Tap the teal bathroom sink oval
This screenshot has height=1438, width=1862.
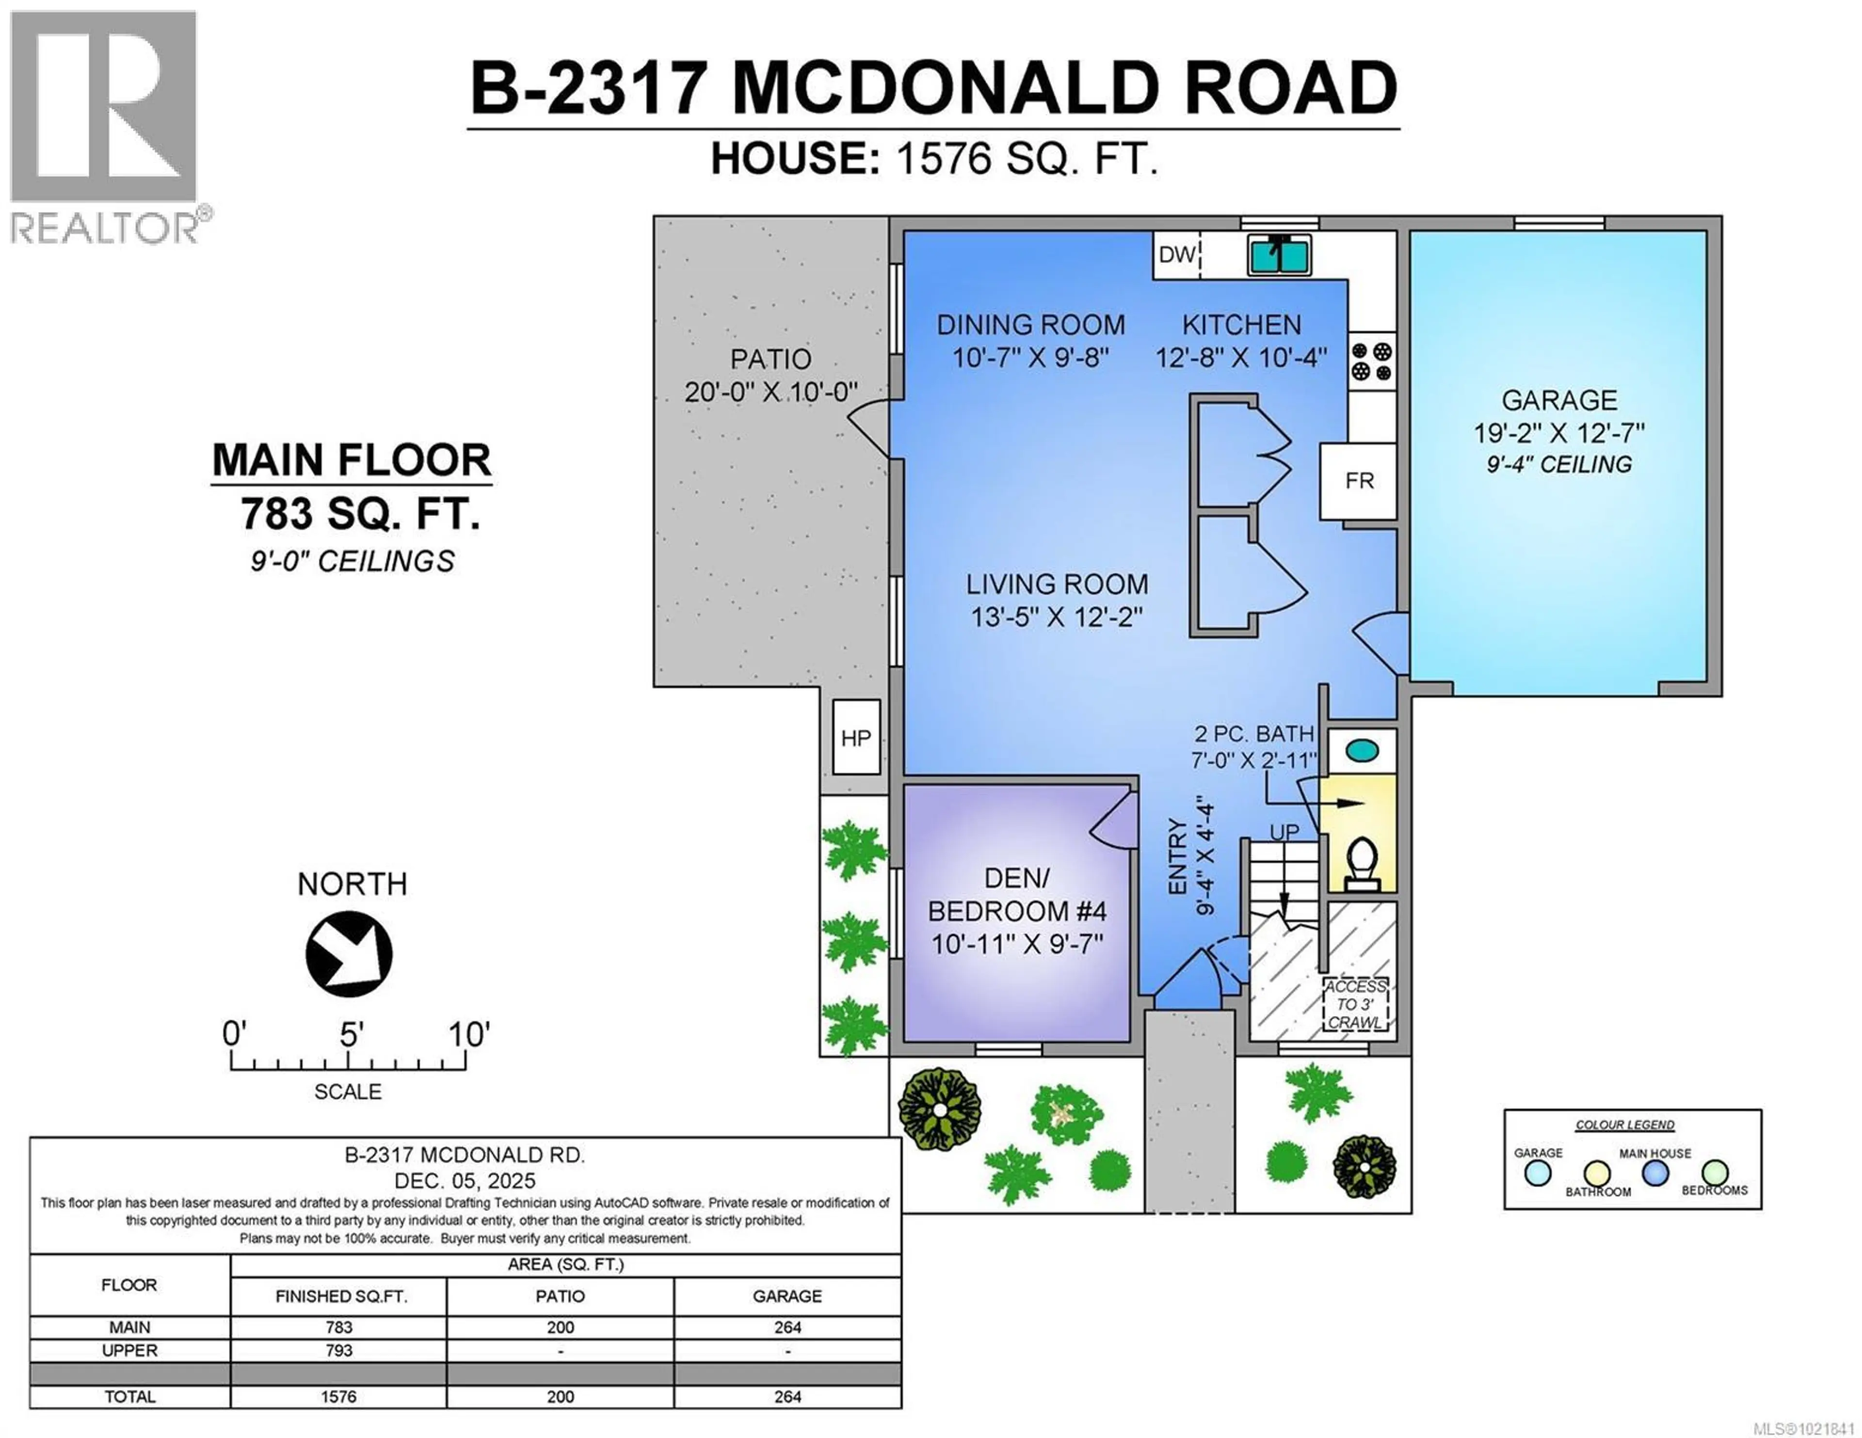pos(1362,750)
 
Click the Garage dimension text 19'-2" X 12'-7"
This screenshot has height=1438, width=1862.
pos(1558,433)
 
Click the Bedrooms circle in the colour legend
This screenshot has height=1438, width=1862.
pos(1715,1173)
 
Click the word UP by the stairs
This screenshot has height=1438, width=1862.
pos(1285,832)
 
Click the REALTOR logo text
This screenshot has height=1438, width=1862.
pos(104,228)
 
